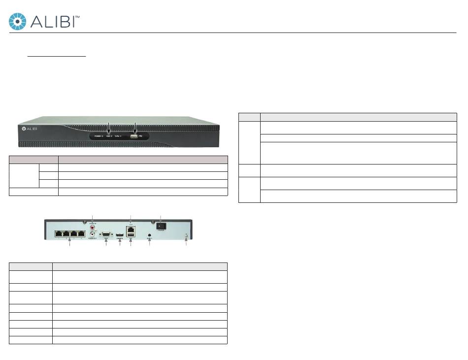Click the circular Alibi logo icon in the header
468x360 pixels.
click(18, 21)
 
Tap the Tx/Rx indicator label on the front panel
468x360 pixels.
click(118, 135)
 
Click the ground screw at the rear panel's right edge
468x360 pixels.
click(185, 235)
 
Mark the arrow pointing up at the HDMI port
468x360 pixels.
click(120, 242)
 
